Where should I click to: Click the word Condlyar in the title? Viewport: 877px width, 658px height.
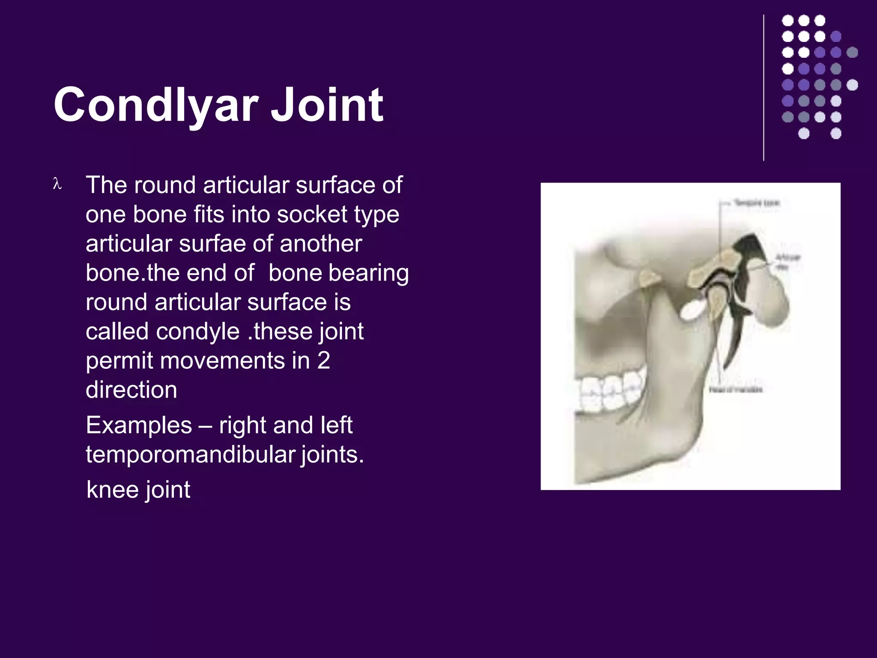pyautogui.click(x=156, y=105)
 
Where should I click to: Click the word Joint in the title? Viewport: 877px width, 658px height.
pyautogui.click(x=327, y=105)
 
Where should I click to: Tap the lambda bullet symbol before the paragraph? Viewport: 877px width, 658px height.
pyautogui.click(x=57, y=185)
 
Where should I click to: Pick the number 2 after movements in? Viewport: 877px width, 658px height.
pyautogui.click(x=324, y=360)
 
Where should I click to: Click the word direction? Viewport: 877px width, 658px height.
pyautogui.click(x=131, y=389)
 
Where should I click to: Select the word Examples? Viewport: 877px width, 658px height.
pyautogui.click(x=139, y=425)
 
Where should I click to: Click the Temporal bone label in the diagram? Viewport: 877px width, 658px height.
pyautogui.click(x=756, y=203)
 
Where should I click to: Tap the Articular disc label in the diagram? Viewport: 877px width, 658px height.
pyautogui.click(x=788, y=261)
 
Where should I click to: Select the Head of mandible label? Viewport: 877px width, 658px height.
pyautogui.click(x=736, y=389)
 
